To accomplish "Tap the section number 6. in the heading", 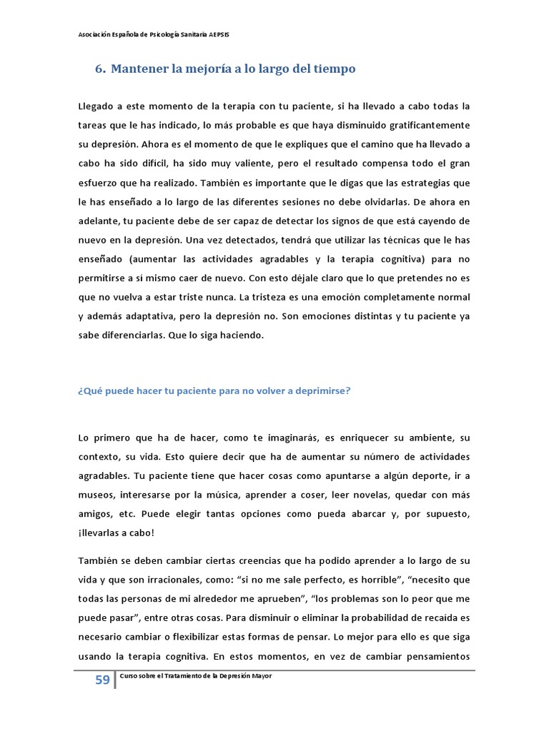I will [x=101, y=69].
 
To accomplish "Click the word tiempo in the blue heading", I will [x=332, y=69].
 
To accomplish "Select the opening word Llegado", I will [x=97, y=106].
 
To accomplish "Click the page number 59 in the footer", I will [x=102, y=680].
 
